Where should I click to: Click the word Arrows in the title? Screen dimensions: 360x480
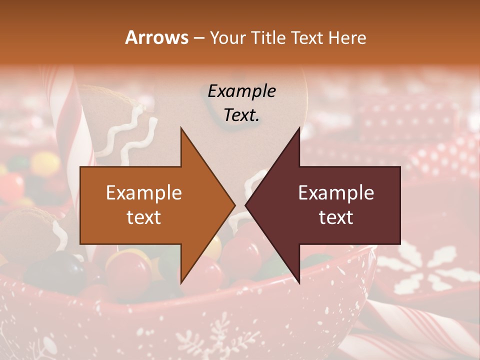pos(156,37)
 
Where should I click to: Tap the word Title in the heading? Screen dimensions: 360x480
pos(268,38)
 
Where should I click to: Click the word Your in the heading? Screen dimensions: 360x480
pos(227,38)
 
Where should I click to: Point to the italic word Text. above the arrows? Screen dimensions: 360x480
pos(241,115)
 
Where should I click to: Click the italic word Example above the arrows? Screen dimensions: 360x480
pos(241,91)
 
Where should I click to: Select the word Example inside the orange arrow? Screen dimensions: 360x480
pos(144,193)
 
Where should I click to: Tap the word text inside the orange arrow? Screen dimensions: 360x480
pos(144,217)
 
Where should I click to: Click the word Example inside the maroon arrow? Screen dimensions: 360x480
pos(336,193)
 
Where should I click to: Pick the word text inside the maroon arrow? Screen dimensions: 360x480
pos(336,217)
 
